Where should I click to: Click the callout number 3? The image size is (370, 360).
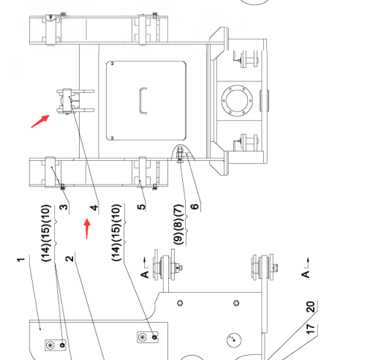(64, 207)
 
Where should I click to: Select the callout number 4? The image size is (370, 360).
(94, 208)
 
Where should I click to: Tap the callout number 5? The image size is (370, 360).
(141, 207)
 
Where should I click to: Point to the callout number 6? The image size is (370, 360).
(195, 206)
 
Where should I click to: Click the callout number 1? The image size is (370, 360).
(21, 259)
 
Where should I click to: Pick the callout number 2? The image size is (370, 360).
(69, 258)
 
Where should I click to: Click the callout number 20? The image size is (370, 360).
(311, 307)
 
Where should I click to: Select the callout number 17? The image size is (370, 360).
(311, 329)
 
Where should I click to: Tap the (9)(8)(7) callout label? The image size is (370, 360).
(178, 225)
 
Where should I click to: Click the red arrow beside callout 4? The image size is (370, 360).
(87, 229)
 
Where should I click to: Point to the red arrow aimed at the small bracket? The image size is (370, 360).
(40, 121)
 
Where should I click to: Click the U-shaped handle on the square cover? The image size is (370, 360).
(143, 100)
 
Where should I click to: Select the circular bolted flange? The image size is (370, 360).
(237, 100)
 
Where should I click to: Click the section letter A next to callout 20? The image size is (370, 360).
(305, 274)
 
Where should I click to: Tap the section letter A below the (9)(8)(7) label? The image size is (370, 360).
(145, 274)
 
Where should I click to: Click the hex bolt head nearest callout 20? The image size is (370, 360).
(236, 303)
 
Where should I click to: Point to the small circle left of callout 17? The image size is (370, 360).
(234, 340)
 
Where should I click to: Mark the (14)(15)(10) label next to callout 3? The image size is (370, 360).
(46, 233)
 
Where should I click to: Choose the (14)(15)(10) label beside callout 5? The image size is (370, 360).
(116, 232)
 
